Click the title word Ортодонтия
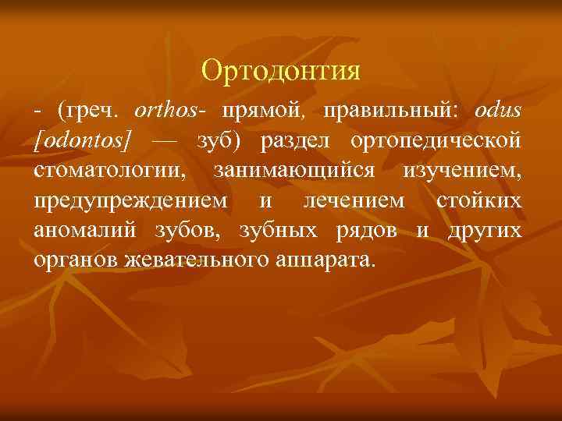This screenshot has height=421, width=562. coord(281,71)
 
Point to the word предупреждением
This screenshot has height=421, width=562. coord(132,200)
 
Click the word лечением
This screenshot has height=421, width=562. coord(348,200)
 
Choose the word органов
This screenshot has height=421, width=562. coord(76,260)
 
